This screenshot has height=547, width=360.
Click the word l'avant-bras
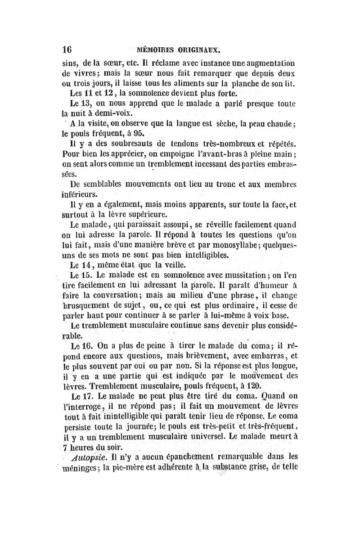pos(221,154)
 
